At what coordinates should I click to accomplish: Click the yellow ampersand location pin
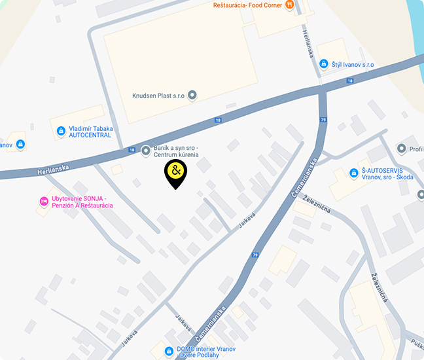(x=175, y=172)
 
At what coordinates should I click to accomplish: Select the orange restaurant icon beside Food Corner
(x=290, y=5)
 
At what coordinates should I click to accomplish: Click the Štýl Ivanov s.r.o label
(x=352, y=64)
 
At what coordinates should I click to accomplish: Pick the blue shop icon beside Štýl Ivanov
(x=323, y=64)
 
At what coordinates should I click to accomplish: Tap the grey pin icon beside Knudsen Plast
(x=192, y=96)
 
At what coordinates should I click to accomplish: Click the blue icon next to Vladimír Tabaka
(x=61, y=131)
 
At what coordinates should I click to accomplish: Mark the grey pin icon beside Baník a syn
(x=145, y=149)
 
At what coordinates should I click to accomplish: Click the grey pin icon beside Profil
(x=401, y=149)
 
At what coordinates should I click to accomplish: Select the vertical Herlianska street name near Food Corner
(x=308, y=45)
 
